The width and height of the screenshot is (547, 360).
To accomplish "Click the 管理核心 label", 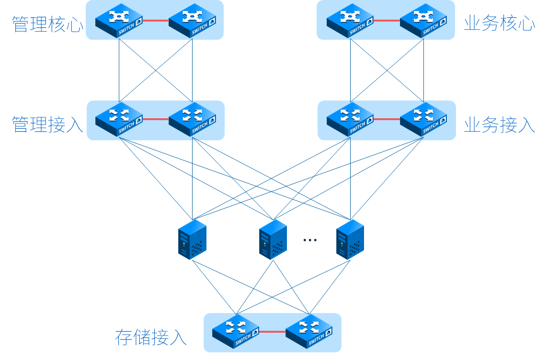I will coord(47,24).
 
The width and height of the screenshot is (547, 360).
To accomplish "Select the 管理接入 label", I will coord(47,124).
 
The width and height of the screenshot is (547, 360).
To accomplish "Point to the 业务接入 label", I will coord(499,125).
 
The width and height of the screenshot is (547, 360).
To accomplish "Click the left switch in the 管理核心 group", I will coord(119,21).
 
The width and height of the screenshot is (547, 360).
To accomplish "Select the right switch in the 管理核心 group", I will coord(192,21).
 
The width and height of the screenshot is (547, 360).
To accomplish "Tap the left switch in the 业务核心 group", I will coord(350,21).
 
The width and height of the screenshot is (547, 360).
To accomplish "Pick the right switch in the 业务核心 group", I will coord(423,21).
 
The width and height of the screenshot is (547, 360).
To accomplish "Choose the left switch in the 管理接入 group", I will coord(119,119).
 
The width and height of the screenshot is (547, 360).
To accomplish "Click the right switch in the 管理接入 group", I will coord(192,119).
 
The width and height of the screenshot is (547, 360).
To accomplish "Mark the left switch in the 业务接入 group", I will coord(350,119).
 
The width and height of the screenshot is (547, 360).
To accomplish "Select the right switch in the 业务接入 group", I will coord(423,119).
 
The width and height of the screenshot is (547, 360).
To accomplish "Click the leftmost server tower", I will coord(192,239).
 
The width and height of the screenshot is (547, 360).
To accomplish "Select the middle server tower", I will coord(273,239).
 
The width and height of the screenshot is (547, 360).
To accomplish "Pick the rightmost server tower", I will coord(350,239).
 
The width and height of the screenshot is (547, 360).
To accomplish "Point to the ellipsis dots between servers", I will coord(310,240).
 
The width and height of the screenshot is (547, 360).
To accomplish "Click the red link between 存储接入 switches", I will coord(272,331).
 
